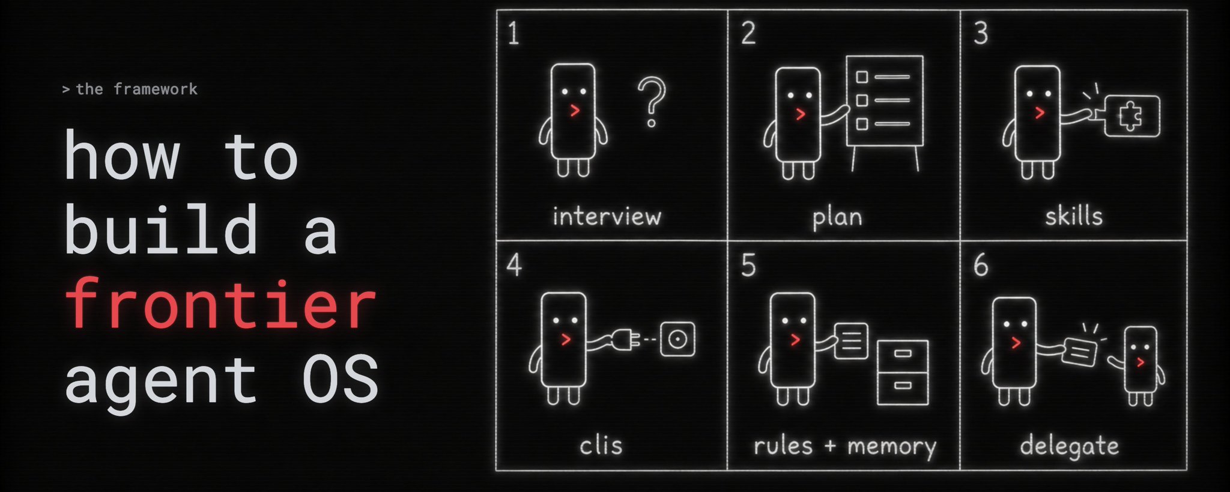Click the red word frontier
(x=220, y=304)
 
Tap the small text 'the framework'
(x=137, y=90)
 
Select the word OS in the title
(x=340, y=379)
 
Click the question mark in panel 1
(x=652, y=102)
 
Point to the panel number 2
(x=748, y=33)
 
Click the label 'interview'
(x=607, y=216)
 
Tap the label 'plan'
(x=837, y=217)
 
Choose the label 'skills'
(x=1074, y=216)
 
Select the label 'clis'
(x=601, y=445)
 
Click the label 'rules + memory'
(x=845, y=446)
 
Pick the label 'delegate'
(x=1070, y=446)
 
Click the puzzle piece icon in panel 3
(x=1130, y=117)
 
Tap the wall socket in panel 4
(x=677, y=339)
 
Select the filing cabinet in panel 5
(x=903, y=372)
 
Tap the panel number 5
(x=748, y=265)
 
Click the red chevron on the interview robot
(x=575, y=110)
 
